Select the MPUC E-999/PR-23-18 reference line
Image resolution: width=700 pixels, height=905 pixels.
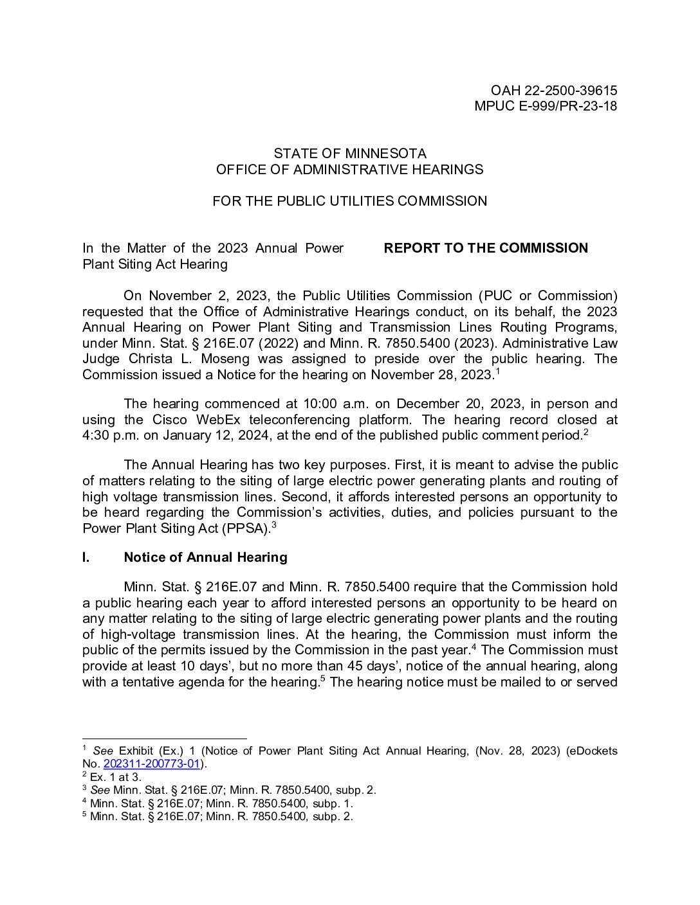545,107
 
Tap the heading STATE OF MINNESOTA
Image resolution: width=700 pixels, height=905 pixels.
350,154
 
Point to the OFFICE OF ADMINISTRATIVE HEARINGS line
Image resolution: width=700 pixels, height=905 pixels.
350,170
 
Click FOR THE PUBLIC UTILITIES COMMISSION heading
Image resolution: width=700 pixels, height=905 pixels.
350,201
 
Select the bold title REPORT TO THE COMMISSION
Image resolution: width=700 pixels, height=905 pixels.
486,248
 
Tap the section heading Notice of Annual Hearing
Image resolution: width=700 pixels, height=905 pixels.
205,557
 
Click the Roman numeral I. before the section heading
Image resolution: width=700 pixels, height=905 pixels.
86,557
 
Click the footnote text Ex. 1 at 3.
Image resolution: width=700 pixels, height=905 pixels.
115,777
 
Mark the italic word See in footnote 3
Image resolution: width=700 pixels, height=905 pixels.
100,791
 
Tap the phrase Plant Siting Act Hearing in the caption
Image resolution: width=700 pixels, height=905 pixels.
155,264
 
